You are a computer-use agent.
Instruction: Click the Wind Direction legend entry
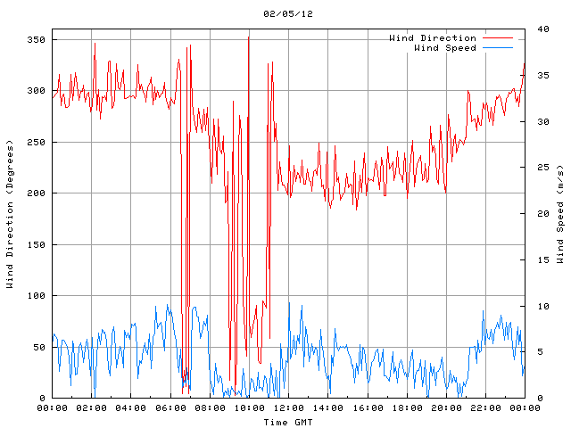click(433, 38)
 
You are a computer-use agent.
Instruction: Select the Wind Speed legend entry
click(445, 48)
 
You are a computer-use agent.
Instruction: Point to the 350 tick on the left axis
click(37, 40)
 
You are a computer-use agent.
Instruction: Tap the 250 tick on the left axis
click(37, 143)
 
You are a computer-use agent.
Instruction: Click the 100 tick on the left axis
click(37, 296)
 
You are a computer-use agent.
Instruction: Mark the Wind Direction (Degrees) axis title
click(11, 214)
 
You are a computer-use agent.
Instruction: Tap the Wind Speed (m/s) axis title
click(560, 214)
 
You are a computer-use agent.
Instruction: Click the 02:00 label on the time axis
click(92, 408)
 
